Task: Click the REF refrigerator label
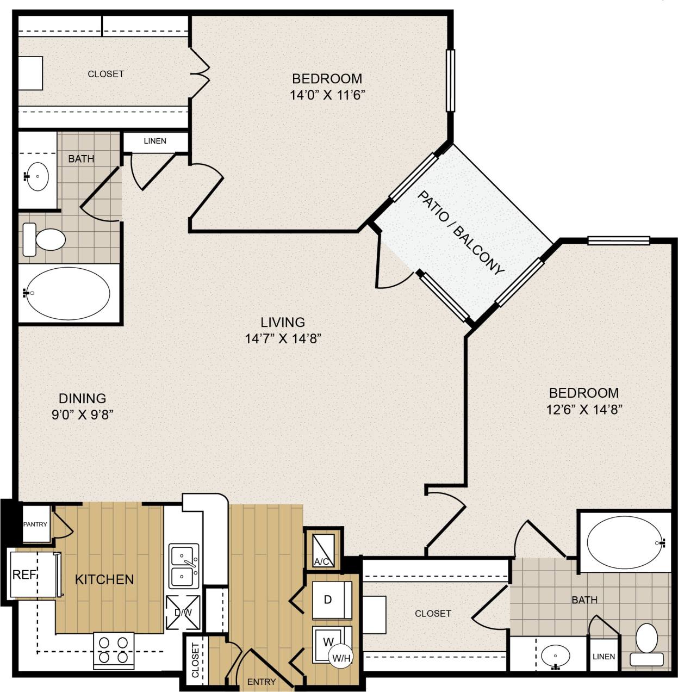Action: pos(24,574)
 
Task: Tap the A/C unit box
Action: pos(323,548)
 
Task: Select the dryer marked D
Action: pos(331,600)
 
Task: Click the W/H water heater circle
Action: pos(341,658)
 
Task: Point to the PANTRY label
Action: pos(35,524)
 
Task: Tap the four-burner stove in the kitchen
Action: pos(114,650)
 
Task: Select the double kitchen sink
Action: pos(184,566)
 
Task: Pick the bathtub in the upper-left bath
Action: pos(68,293)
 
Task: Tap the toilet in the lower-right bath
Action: pos(646,644)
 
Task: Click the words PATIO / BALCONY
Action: pos(461,233)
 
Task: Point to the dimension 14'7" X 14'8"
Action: pos(283,339)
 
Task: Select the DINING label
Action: pos(82,398)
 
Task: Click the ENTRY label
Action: pos(262,681)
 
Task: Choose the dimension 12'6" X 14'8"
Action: pos(584,409)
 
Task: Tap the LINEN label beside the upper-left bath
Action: pos(155,141)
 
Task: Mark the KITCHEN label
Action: pos(104,579)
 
